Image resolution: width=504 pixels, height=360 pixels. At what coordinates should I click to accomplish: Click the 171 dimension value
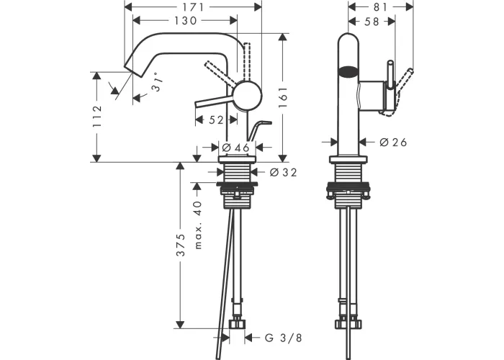(x=192, y=6)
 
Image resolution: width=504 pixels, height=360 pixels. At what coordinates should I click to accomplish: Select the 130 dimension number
(x=186, y=21)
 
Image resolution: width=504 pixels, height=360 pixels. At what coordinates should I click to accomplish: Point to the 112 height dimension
(x=97, y=116)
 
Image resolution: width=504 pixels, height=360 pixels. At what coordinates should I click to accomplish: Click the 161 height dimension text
(x=283, y=97)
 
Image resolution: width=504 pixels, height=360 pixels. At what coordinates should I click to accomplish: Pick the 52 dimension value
(x=216, y=120)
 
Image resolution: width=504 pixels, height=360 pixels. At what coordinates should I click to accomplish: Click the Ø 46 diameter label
(x=235, y=148)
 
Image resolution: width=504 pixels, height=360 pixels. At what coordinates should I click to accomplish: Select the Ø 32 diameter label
(x=283, y=173)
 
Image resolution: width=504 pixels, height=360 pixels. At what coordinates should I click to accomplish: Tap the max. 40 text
(x=198, y=225)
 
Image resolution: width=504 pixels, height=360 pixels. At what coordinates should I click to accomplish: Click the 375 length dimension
(x=181, y=245)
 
